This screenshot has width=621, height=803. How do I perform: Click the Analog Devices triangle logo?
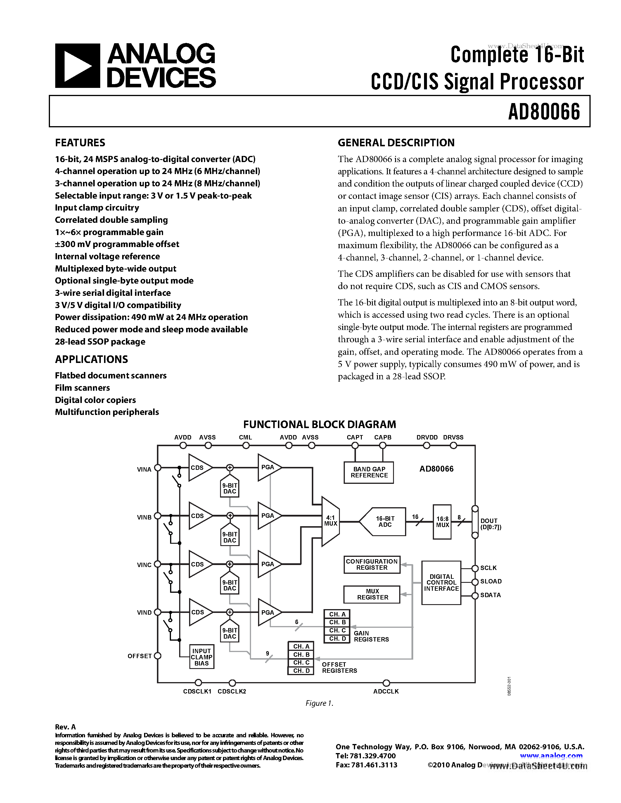pos(77,66)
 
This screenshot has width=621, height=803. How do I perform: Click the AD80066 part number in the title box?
pos(544,112)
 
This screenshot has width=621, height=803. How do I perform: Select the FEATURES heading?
pos(80,143)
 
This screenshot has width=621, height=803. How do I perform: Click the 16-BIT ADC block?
pos(383,521)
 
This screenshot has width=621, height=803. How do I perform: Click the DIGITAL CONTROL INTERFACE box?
pos(441,583)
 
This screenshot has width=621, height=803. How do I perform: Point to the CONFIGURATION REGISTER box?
pos(371,564)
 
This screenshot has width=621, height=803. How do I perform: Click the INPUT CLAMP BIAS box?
pos(201,657)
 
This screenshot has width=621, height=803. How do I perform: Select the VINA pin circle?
pos(158,468)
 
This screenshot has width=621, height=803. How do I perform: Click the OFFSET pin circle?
pos(158,656)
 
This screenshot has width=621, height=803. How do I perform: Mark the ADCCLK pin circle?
pos(386,683)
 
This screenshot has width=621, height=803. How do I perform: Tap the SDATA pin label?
pos(490,595)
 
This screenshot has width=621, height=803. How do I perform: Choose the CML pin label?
pos(245,437)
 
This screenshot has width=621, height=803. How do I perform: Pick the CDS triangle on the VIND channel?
pos(199,612)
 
